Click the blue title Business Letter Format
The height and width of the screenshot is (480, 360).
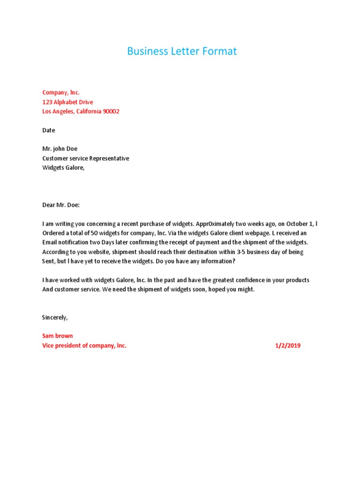(182, 52)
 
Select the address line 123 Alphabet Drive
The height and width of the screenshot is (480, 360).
(67, 102)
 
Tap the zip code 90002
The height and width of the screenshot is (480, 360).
(111, 112)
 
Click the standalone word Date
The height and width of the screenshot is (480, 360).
(48, 130)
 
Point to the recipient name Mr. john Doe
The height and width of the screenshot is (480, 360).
(60, 149)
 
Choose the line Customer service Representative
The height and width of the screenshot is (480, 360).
(85, 158)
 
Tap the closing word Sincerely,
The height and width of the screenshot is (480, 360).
(55, 317)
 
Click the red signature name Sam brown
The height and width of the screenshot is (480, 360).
(58, 336)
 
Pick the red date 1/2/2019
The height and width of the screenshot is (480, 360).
(287, 345)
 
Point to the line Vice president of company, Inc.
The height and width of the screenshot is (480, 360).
(84, 345)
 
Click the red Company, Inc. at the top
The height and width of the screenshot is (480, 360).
(61, 93)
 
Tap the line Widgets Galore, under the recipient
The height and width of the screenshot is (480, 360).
(64, 168)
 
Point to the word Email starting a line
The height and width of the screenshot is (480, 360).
(50, 242)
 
